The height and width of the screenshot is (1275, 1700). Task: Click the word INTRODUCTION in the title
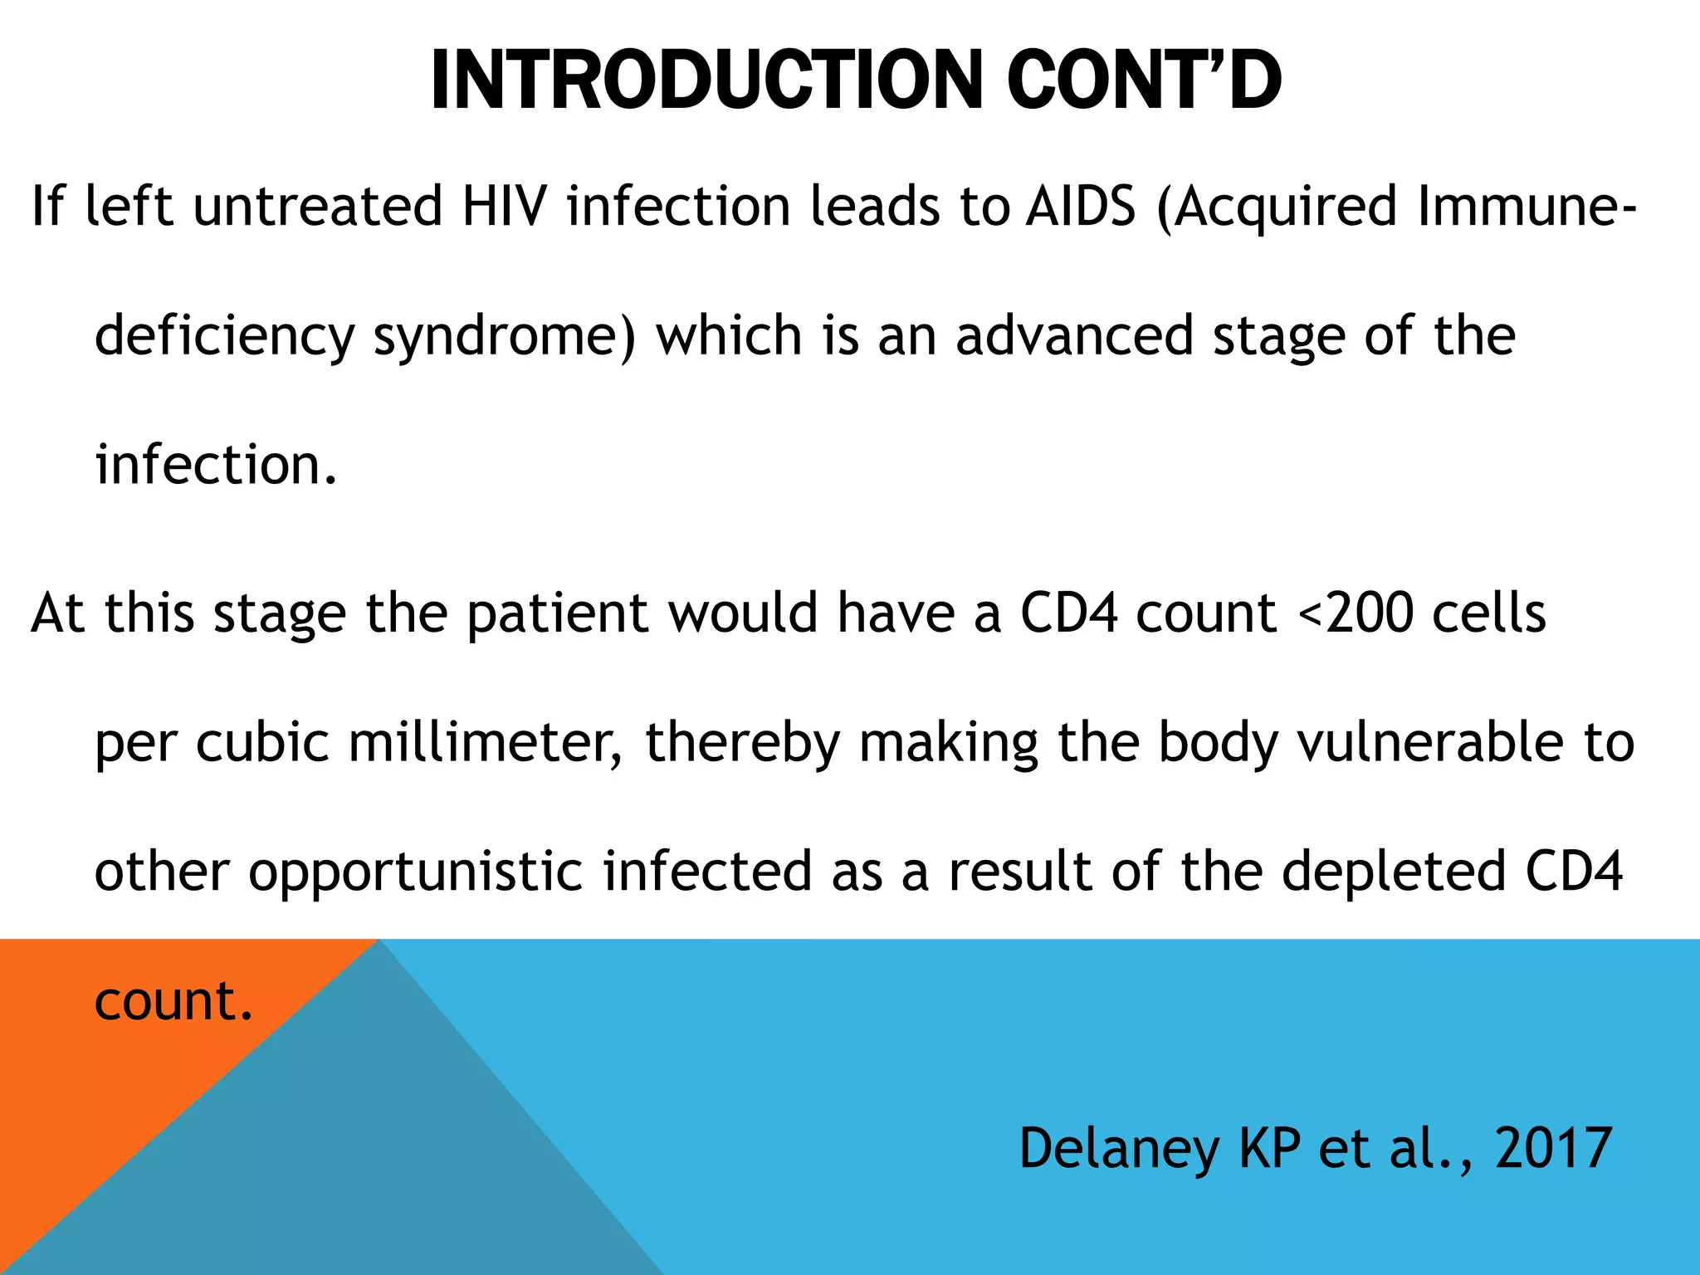[706, 81]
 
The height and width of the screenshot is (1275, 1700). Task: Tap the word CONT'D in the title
[1145, 81]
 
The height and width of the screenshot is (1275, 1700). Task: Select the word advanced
[1074, 335]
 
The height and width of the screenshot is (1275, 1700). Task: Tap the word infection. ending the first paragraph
[216, 465]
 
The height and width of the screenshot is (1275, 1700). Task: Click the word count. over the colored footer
[173, 1000]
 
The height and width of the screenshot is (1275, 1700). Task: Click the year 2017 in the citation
[1553, 1148]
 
